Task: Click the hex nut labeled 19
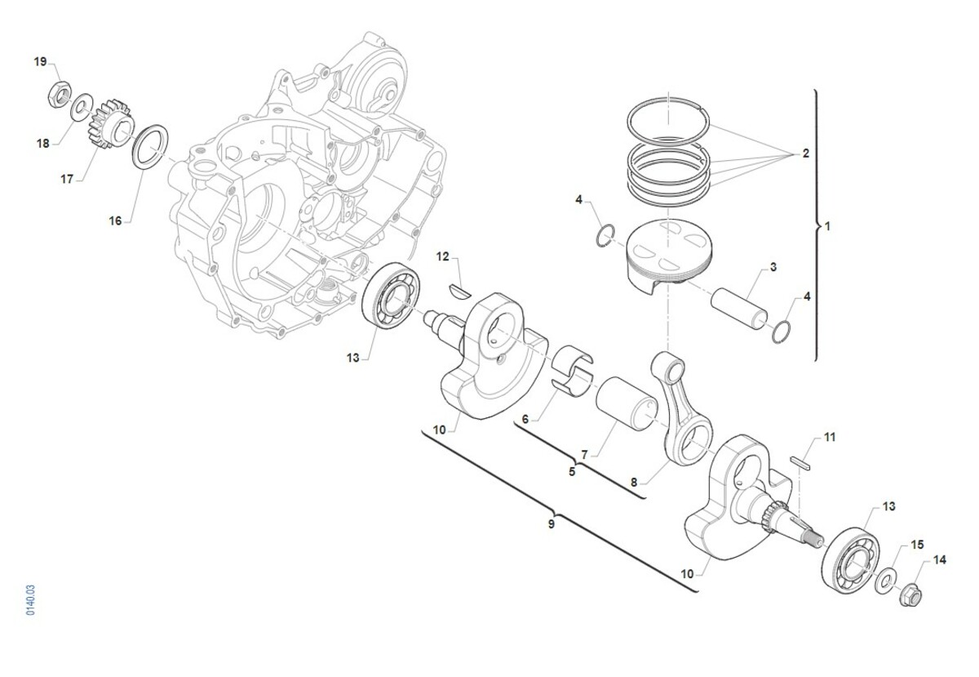(60, 94)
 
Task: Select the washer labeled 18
(82, 107)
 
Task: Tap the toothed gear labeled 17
(109, 123)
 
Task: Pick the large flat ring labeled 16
(150, 147)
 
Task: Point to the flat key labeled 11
(800, 463)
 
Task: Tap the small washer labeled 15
(885, 581)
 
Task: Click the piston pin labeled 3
(738, 309)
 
